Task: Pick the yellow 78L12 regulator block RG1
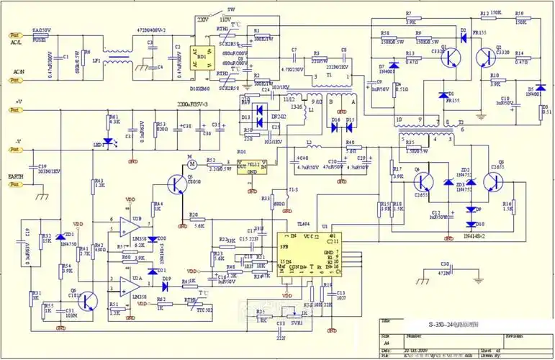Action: pos(251,168)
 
